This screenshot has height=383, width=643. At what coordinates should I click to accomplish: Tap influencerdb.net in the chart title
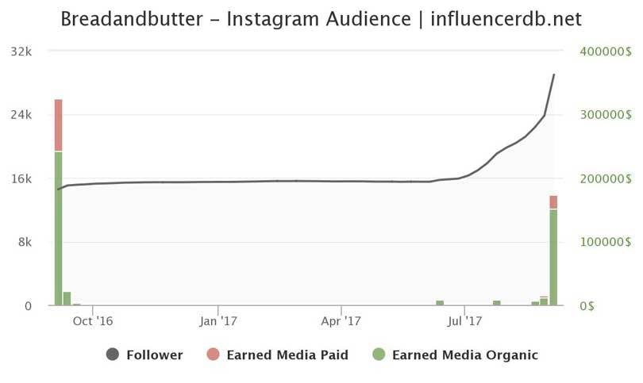click(505, 19)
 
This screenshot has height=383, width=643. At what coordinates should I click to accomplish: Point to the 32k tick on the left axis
click(21, 52)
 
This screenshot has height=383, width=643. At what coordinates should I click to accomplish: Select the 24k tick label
click(21, 115)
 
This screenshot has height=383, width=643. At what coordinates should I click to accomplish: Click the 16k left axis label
click(21, 178)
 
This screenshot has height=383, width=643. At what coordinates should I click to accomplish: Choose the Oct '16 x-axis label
click(93, 321)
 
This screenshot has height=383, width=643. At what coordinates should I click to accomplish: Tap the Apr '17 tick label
click(341, 321)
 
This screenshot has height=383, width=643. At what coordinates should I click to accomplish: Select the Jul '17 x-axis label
click(464, 321)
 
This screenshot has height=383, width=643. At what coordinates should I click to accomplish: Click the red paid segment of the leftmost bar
click(58, 124)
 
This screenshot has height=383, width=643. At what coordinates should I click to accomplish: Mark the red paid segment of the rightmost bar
click(553, 202)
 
